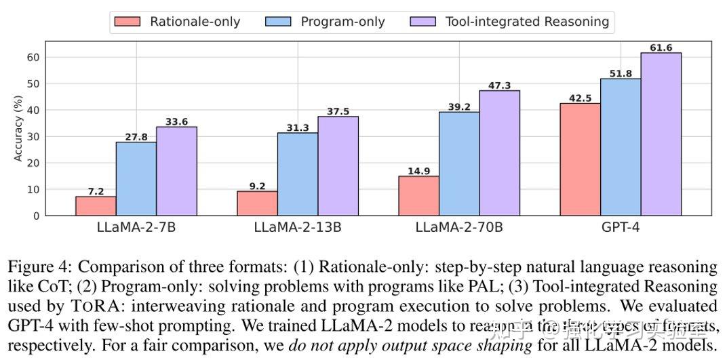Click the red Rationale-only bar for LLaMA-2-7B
(96, 206)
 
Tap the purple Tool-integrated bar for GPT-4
(661, 134)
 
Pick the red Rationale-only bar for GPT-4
(580, 159)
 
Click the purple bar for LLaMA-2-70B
(499, 153)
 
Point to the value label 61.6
(661, 47)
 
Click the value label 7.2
(96, 191)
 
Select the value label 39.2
(459, 106)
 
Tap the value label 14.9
(418, 171)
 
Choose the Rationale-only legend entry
(176, 22)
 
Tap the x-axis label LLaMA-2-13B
(297, 227)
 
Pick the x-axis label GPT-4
(620, 227)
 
